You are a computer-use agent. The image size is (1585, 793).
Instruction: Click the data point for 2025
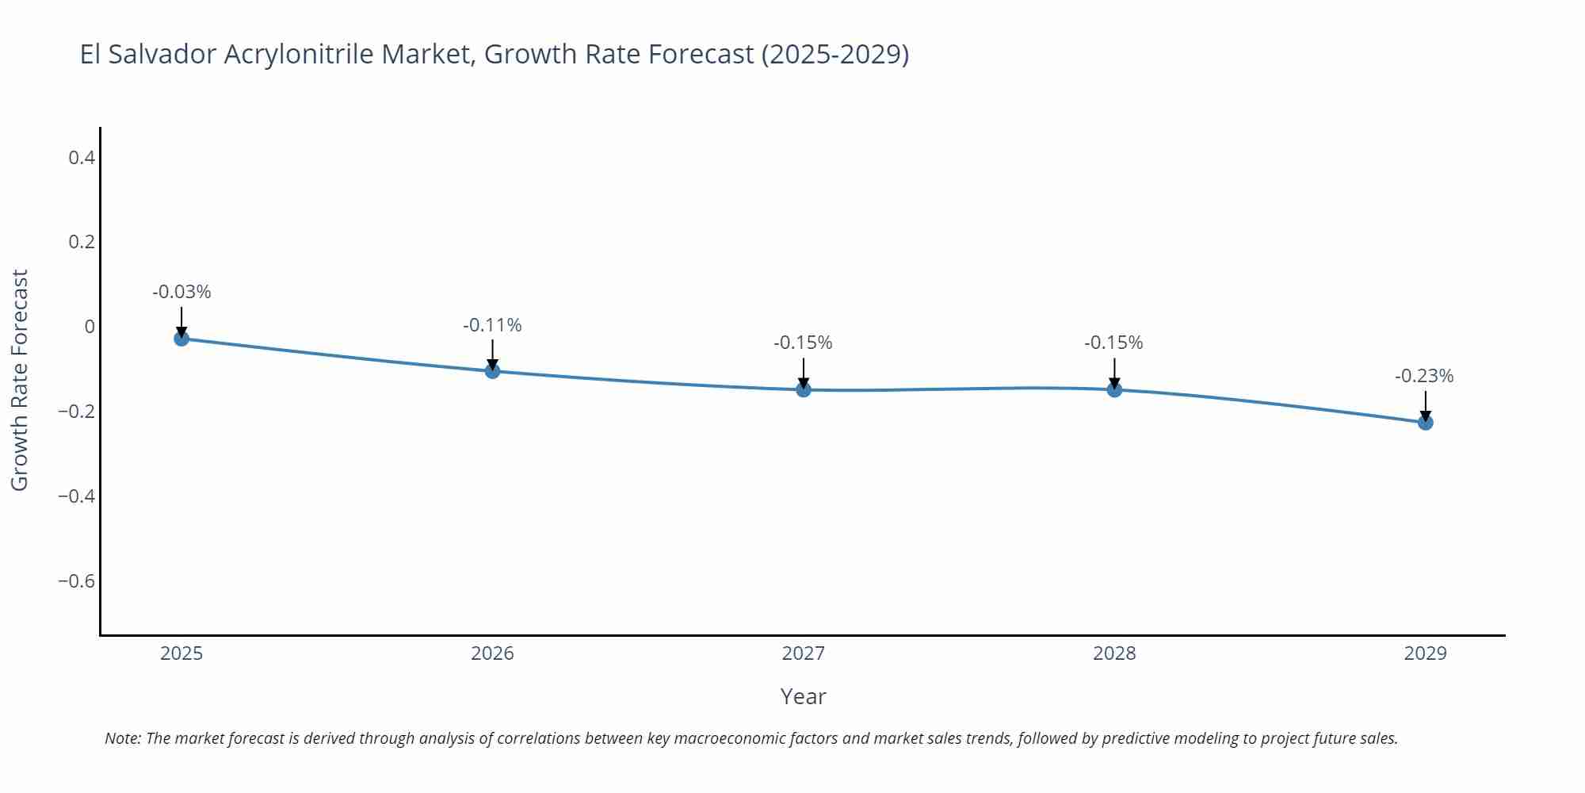coord(181,339)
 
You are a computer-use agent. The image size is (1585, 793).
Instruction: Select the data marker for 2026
coord(492,371)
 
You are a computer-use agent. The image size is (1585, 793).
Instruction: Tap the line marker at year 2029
coord(1425,423)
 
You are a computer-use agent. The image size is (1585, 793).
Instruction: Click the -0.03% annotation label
coord(181,292)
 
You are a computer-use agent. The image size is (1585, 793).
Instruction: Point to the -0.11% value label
coord(492,325)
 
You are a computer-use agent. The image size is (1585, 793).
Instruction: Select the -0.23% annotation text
coord(1424,376)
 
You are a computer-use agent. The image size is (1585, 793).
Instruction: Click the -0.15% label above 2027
coord(803,343)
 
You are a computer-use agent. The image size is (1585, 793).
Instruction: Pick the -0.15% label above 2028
coord(1113,343)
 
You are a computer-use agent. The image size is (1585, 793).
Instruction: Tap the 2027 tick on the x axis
coord(803,653)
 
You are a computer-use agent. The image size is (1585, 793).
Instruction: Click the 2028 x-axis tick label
coord(1113,653)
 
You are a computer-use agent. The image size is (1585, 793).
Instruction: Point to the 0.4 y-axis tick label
coord(82,158)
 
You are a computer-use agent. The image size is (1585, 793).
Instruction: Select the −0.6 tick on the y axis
coord(76,581)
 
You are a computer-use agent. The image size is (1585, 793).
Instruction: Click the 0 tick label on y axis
coord(90,327)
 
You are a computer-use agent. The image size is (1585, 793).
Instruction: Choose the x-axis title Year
coord(803,696)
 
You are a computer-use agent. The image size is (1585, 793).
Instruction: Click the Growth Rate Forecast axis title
coord(20,380)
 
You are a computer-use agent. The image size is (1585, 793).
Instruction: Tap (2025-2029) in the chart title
coord(835,55)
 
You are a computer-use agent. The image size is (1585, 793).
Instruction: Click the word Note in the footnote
coord(122,738)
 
